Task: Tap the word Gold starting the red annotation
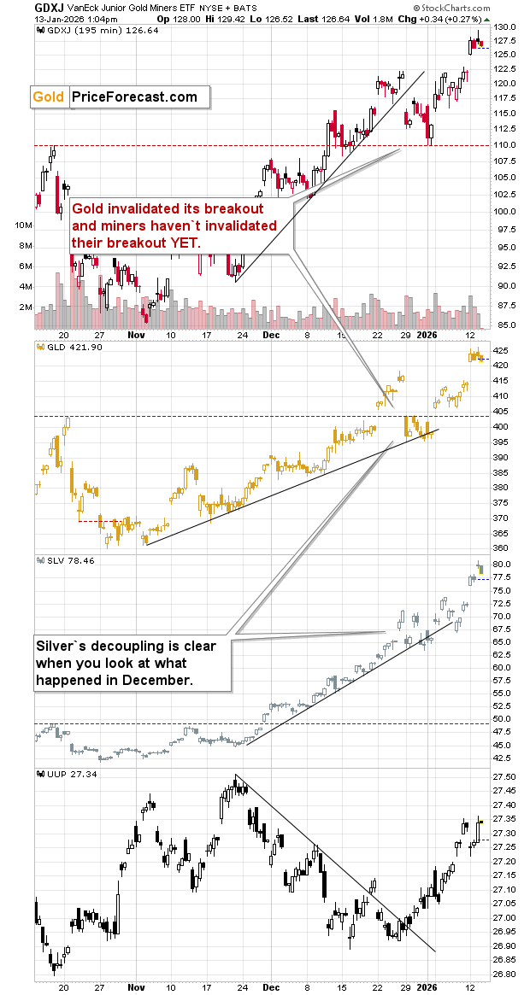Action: (x=87, y=208)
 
